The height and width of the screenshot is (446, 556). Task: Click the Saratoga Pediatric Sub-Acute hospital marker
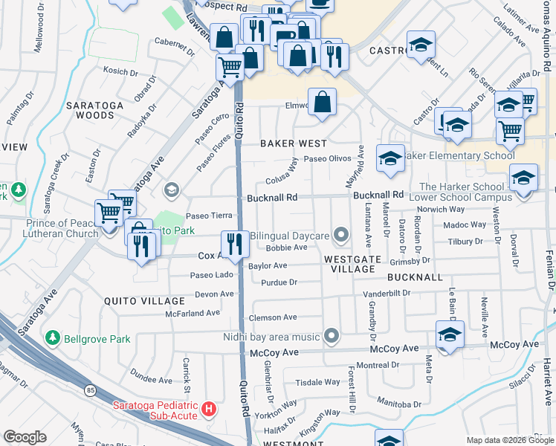click(210, 410)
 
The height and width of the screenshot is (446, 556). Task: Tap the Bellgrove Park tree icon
click(53, 339)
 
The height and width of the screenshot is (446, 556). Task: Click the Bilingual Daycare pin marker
click(341, 236)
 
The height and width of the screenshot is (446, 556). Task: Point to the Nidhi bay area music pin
click(332, 337)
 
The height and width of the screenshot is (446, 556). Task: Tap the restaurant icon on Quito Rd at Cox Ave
click(235, 244)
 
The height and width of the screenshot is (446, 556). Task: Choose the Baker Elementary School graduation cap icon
click(390, 158)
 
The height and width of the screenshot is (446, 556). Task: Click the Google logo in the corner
click(25, 437)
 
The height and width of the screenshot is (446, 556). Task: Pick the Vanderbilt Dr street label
click(387, 294)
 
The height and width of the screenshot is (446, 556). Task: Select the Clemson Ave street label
click(273, 317)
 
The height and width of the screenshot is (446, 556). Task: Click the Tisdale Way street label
click(317, 383)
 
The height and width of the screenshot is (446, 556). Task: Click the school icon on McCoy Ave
click(450, 334)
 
